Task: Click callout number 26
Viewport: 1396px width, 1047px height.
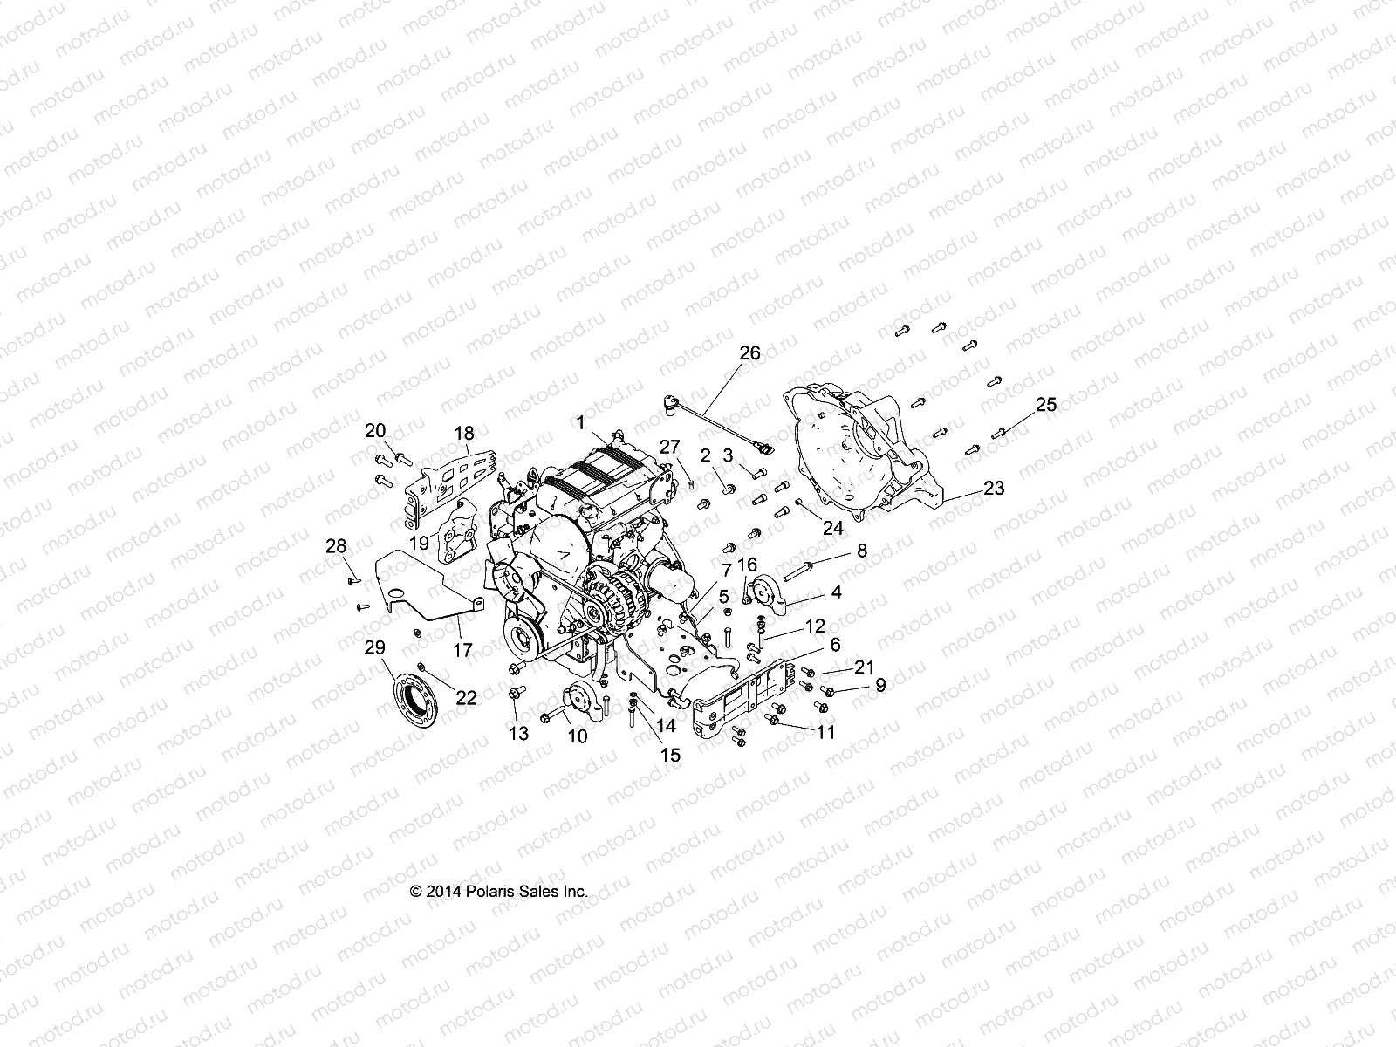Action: pos(749,353)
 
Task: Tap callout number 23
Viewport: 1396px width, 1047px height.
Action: pos(994,489)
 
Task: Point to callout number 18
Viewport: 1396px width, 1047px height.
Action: pos(463,434)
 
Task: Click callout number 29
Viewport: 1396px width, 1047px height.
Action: pos(373,647)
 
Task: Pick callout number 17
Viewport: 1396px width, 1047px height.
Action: pos(462,650)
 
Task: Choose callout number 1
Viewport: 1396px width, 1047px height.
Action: pos(579,422)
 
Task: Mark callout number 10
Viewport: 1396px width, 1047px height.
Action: pos(577,736)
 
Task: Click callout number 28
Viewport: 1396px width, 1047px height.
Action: pos(336,547)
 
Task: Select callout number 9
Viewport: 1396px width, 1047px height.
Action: pos(880,686)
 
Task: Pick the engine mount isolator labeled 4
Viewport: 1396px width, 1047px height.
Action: pos(765,592)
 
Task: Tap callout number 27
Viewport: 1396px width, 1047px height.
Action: pos(668,448)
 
